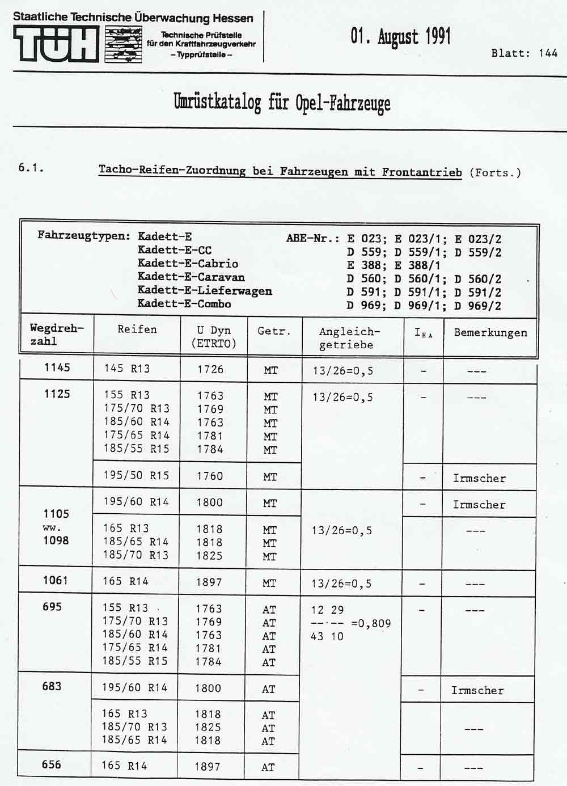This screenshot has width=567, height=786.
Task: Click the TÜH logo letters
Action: click(56, 44)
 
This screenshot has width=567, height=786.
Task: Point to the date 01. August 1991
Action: click(401, 36)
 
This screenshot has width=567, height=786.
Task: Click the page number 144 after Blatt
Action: click(548, 53)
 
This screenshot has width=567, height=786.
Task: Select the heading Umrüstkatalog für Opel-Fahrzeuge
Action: click(282, 103)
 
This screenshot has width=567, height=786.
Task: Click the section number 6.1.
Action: click(31, 168)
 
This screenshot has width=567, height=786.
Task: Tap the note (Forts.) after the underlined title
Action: click(495, 172)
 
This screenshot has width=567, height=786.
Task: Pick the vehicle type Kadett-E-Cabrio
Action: click(188, 264)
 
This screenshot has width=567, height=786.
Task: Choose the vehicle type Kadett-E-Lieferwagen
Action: click(205, 291)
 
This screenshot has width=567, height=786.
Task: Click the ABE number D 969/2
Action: click(478, 306)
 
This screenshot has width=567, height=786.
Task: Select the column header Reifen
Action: click(137, 329)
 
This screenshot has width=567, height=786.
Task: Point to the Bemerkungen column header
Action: click(490, 333)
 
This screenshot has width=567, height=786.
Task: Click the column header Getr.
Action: click(274, 331)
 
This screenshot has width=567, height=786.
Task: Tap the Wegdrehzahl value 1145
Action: click(57, 367)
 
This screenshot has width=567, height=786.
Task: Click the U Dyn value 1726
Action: click(210, 370)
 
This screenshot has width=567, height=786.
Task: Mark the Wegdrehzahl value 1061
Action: click(55, 581)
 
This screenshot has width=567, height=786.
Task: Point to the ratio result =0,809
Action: click(371, 624)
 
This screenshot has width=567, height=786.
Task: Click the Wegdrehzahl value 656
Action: click(52, 764)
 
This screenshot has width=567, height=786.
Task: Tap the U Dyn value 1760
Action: click(210, 476)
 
